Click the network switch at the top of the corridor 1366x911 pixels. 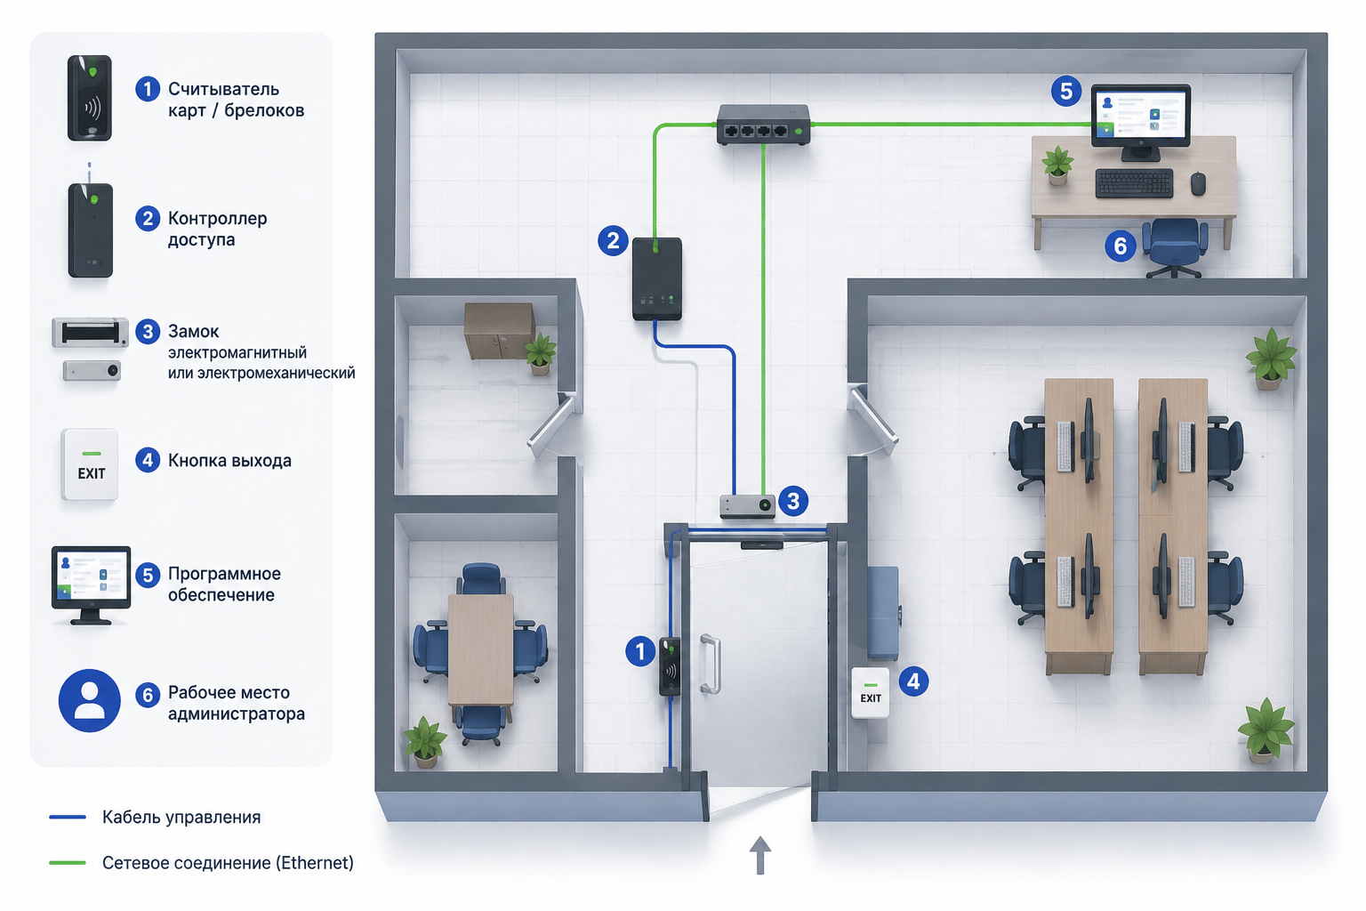[x=763, y=125]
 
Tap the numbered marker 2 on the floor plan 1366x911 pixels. [x=613, y=240]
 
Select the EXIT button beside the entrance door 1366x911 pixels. [x=871, y=692]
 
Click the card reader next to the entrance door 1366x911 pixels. [x=670, y=666]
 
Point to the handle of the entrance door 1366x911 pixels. [x=711, y=664]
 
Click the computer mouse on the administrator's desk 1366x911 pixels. [x=1198, y=183]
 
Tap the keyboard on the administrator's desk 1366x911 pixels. [x=1134, y=183]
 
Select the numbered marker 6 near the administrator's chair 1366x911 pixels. [x=1121, y=246]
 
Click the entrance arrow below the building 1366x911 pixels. [x=759, y=855]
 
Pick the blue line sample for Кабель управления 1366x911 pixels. [x=67, y=817]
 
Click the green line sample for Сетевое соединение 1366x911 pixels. [x=67, y=863]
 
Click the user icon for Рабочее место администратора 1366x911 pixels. [x=89, y=700]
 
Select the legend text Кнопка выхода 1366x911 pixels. [x=229, y=461]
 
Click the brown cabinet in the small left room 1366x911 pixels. [x=500, y=330]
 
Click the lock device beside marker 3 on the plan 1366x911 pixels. [x=747, y=506]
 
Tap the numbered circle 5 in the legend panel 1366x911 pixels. [x=148, y=575]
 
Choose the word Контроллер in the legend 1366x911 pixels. [x=217, y=218]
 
